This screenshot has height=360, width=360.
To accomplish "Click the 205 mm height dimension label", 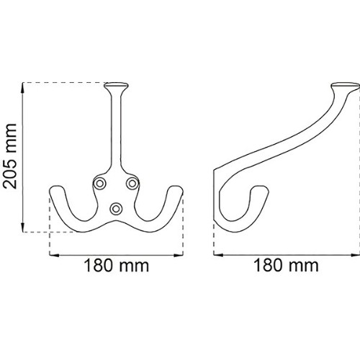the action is click(x=10, y=156).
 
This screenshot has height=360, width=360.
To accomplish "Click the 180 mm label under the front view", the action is click(x=117, y=266).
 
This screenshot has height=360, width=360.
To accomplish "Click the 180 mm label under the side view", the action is click(x=286, y=266).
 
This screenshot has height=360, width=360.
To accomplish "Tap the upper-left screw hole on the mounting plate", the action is click(x=99, y=184).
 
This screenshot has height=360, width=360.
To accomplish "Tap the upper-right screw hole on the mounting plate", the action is click(x=132, y=184).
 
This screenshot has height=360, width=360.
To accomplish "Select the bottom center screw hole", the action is click(x=116, y=209).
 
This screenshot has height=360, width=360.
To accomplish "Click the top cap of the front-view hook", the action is click(x=116, y=86).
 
